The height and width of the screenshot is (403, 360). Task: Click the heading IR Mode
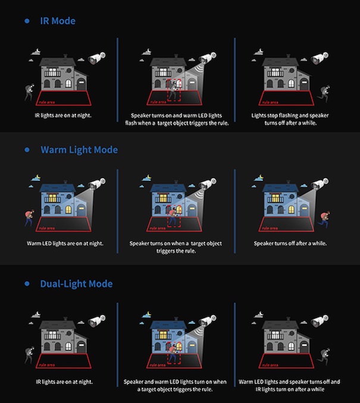tap(58, 21)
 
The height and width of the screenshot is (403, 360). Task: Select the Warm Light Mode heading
tap(79, 149)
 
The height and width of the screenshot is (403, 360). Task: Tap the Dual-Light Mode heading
tap(76, 284)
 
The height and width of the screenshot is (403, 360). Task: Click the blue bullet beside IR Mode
tap(27, 21)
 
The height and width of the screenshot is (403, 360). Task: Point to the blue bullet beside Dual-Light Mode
tap(27, 284)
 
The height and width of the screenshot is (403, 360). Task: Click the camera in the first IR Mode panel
tap(97, 58)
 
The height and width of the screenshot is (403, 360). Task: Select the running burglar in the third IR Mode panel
tap(324, 93)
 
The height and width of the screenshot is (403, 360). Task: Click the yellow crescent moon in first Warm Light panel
tap(38, 177)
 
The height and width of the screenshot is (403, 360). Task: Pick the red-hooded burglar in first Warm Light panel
tap(29, 218)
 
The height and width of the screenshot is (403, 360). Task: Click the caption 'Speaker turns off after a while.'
tap(290, 243)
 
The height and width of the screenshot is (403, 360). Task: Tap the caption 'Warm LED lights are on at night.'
tap(65, 243)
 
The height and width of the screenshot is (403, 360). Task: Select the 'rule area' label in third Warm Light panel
tap(270, 228)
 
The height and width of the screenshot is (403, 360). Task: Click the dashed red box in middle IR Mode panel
tap(174, 90)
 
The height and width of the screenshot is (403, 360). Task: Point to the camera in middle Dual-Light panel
tap(208, 320)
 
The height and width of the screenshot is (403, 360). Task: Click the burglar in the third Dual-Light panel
tap(324, 356)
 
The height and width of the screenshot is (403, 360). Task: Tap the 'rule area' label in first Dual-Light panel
tap(47, 365)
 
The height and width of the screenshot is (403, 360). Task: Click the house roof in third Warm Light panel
tap(280, 188)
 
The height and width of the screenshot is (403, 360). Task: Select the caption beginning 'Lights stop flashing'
tap(290, 119)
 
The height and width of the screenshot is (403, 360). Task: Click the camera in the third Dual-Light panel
tap(320, 320)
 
